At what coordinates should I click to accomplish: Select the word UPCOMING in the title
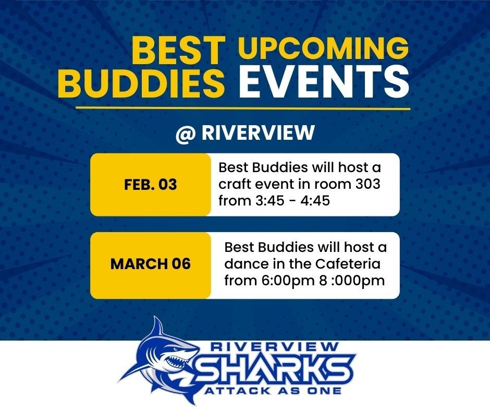(323, 49)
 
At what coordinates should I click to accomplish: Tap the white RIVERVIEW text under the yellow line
(258, 133)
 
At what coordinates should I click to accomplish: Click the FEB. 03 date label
(151, 185)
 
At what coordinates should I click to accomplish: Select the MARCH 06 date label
(151, 263)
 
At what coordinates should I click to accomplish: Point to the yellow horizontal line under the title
(243, 108)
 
